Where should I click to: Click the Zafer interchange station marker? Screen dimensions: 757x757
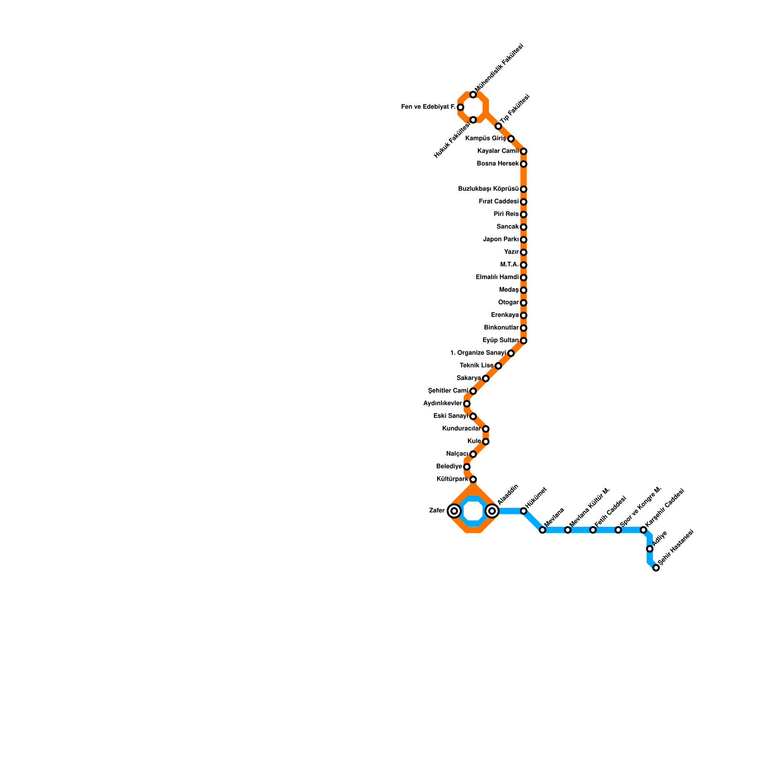coord(454,511)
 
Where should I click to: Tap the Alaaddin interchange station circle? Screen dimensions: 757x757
coord(492,511)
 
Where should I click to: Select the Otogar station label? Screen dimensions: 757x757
coord(509,303)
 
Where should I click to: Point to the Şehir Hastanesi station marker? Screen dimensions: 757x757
coord(656,568)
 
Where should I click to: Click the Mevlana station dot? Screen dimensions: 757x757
coord(542,530)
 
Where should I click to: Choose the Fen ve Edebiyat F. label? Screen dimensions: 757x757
coord(428,107)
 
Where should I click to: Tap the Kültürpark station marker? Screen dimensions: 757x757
coord(473,480)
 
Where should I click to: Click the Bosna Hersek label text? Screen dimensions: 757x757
coord(498,164)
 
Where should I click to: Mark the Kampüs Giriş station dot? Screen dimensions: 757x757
coord(511,139)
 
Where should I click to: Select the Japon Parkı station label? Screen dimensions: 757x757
coord(501,239)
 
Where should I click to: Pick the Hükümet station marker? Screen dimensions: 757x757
coord(523,511)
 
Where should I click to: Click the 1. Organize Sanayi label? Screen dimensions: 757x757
coord(478,353)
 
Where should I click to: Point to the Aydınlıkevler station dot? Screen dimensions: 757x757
coord(467,404)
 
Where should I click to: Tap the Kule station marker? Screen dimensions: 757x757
coord(485,441)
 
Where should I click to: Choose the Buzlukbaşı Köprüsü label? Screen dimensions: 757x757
coord(488,189)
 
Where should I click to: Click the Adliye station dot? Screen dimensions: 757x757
coord(650,549)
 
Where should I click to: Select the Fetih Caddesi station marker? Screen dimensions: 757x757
coord(593,530)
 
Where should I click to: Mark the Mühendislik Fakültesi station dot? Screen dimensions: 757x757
coord(473,95)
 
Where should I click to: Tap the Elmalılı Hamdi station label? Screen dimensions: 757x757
coord(497,277)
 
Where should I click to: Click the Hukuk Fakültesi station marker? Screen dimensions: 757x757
coord(473,120)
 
